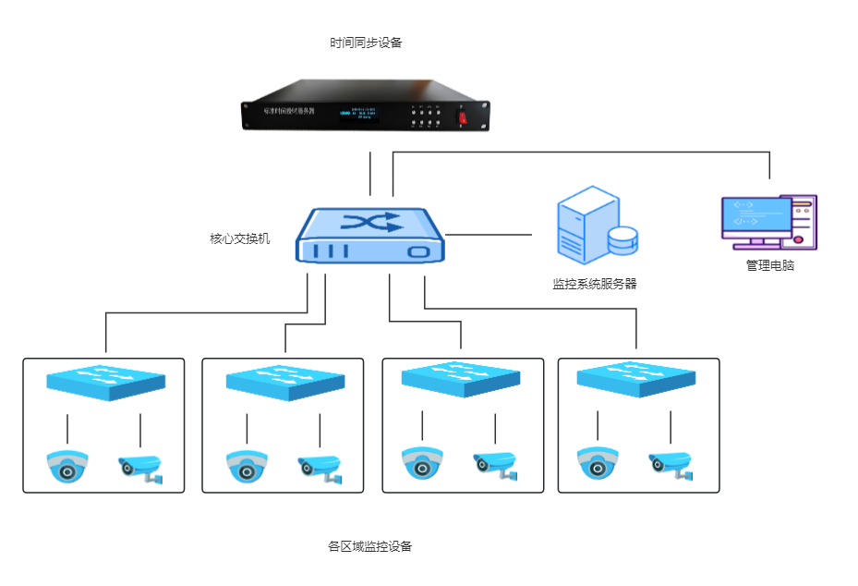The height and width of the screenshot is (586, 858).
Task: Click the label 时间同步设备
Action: tap(366, 43)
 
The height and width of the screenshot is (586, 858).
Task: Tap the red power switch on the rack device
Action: tap(464, 117)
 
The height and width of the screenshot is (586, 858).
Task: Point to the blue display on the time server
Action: tap(360, 113)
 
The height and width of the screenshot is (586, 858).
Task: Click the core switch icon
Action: tap(370, 237)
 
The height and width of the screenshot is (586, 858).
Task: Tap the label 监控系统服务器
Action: tap(595, 284)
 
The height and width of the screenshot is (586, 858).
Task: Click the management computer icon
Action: tap(768, 222)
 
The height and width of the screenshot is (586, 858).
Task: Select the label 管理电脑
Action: tap(769, 265)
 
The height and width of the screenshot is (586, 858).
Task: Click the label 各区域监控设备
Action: tap(369, 546)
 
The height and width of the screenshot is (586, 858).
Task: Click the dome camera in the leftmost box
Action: tap(67, 467)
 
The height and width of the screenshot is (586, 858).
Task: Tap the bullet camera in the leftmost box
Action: tap(140, 468)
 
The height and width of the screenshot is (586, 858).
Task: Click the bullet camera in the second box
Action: tap(320, 468)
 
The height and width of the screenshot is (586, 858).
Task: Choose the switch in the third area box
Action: tap(460, 379)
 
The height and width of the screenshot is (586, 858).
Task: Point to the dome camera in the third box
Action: tap(422, 464)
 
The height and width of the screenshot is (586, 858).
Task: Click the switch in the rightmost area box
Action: tap(635, 379)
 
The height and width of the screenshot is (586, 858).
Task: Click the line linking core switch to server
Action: tap(489, 235)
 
